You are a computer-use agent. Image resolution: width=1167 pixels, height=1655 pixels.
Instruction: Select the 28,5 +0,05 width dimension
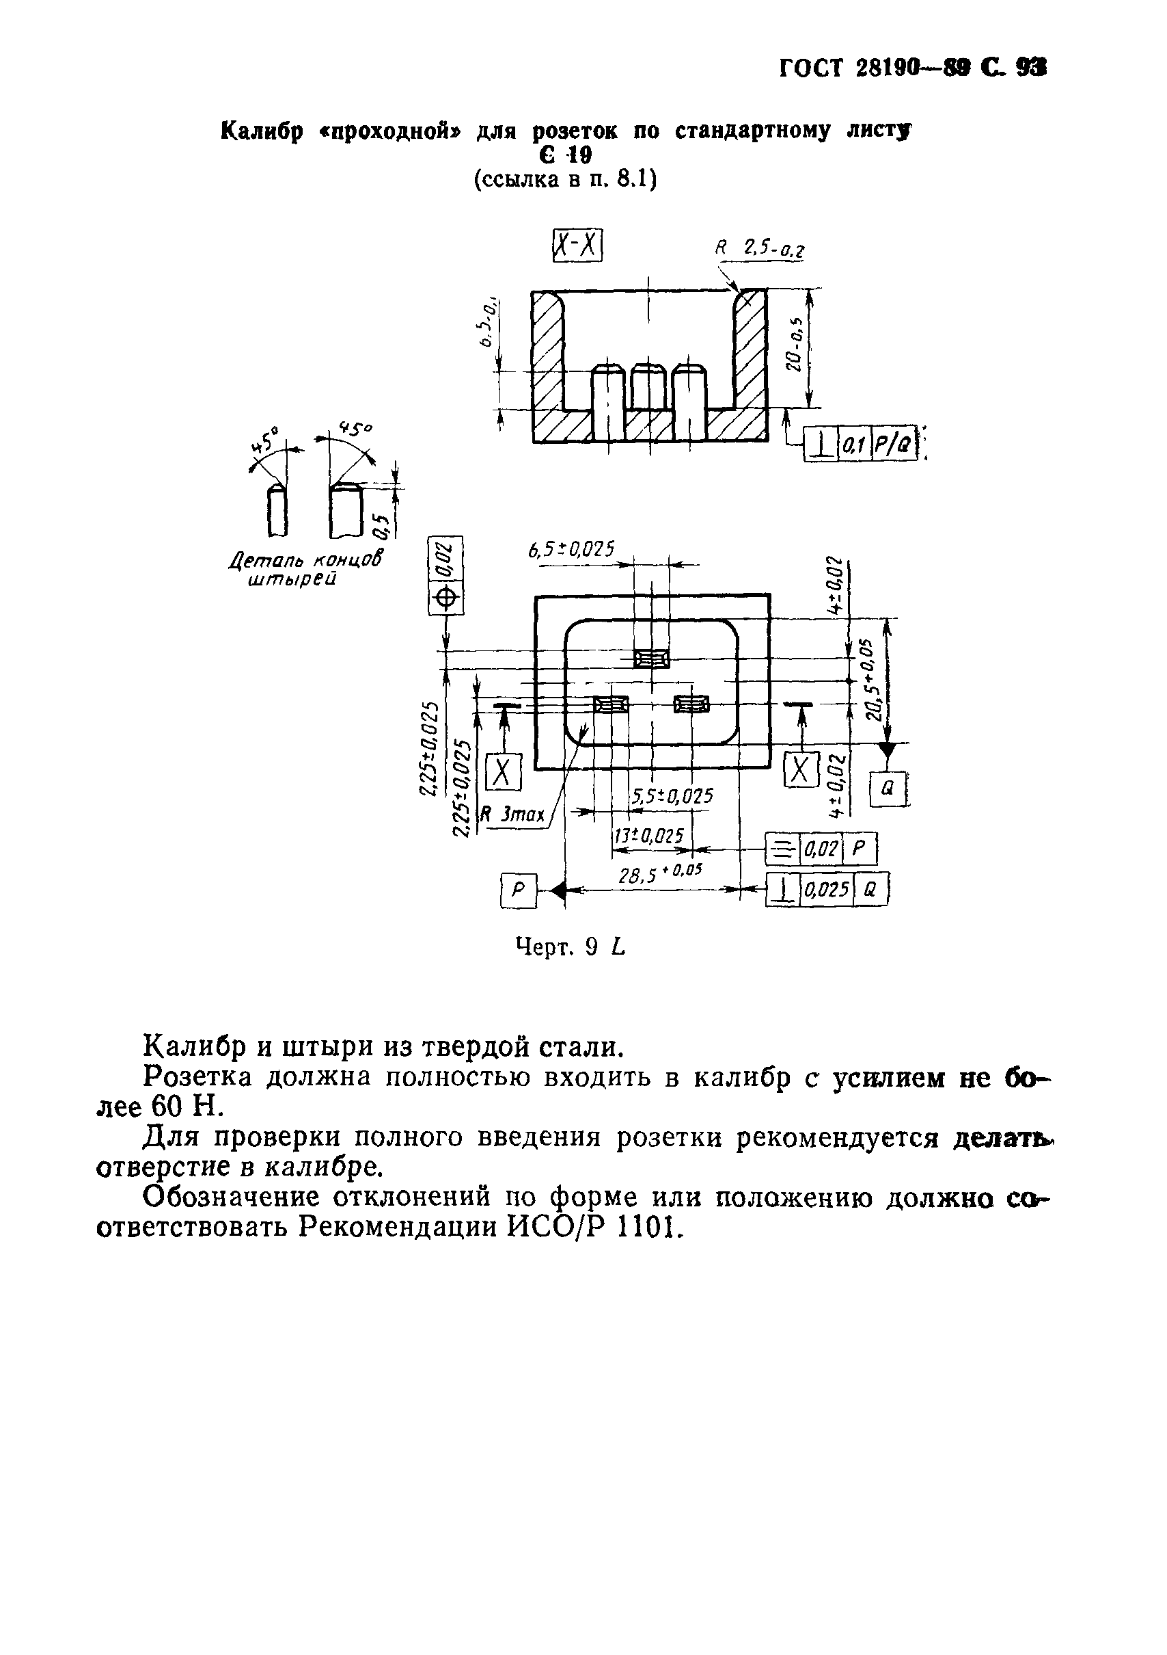tap(660, 875)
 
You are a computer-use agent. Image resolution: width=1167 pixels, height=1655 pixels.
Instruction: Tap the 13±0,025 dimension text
tap(648, 836)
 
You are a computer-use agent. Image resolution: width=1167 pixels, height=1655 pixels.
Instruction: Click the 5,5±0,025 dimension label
tap(672, 796)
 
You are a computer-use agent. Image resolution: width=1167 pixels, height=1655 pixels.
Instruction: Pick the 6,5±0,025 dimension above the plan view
tap(571, 550)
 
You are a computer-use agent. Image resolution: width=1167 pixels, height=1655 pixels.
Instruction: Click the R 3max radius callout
tap(512, 815)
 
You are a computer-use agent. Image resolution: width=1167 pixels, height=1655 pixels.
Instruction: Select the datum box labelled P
tap(518, 891)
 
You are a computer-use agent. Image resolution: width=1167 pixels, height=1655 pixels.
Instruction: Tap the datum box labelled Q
tap(888, 789)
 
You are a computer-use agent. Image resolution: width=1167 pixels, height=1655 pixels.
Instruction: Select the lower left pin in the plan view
tap(611, 704)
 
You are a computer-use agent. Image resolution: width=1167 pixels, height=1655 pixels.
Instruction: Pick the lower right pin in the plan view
tap(691, 704)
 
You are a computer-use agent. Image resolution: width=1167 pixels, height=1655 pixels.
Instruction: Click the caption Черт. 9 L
tap(571, 946)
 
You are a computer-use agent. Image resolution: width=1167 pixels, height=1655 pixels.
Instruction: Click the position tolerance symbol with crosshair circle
tap(446, 598)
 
